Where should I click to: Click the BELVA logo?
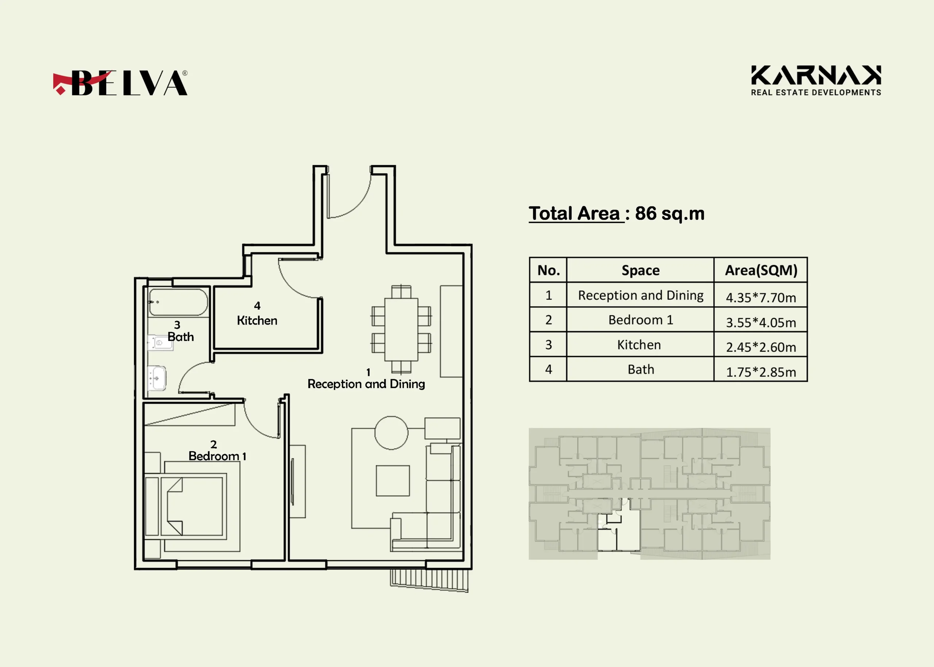(x=120, y=82)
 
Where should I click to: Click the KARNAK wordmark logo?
(x=816, y=81)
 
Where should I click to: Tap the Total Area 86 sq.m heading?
(x=616, y=214)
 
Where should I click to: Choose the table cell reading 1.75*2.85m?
(x=761, y=370)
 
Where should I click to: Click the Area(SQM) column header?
(x=761, y=270)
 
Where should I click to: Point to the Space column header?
(x=640, y=270)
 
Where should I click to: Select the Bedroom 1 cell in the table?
(x=640, y=320)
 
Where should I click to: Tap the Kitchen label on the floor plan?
(x=257, y=320)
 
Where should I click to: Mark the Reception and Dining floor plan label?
(x=366, y=384)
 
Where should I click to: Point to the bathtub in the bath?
(x=178, y=302)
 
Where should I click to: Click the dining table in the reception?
(x=401, y=329)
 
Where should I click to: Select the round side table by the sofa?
(x=391, y=433)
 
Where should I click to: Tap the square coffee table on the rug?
(x=393, y=481)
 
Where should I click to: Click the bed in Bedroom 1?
(x=192, y=507)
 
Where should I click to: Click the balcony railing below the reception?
(x=429, y=580)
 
